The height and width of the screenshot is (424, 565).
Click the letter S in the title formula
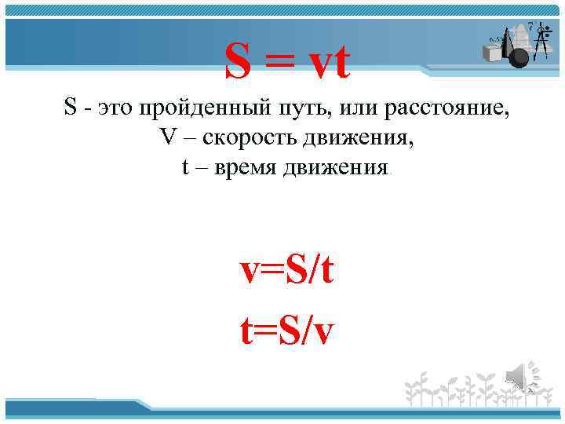click(240, 61)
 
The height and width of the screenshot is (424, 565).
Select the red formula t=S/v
click(287, 331)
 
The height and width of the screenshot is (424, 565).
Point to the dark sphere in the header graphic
click(519, 57)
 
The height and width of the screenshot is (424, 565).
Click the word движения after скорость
click(363, 138)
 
